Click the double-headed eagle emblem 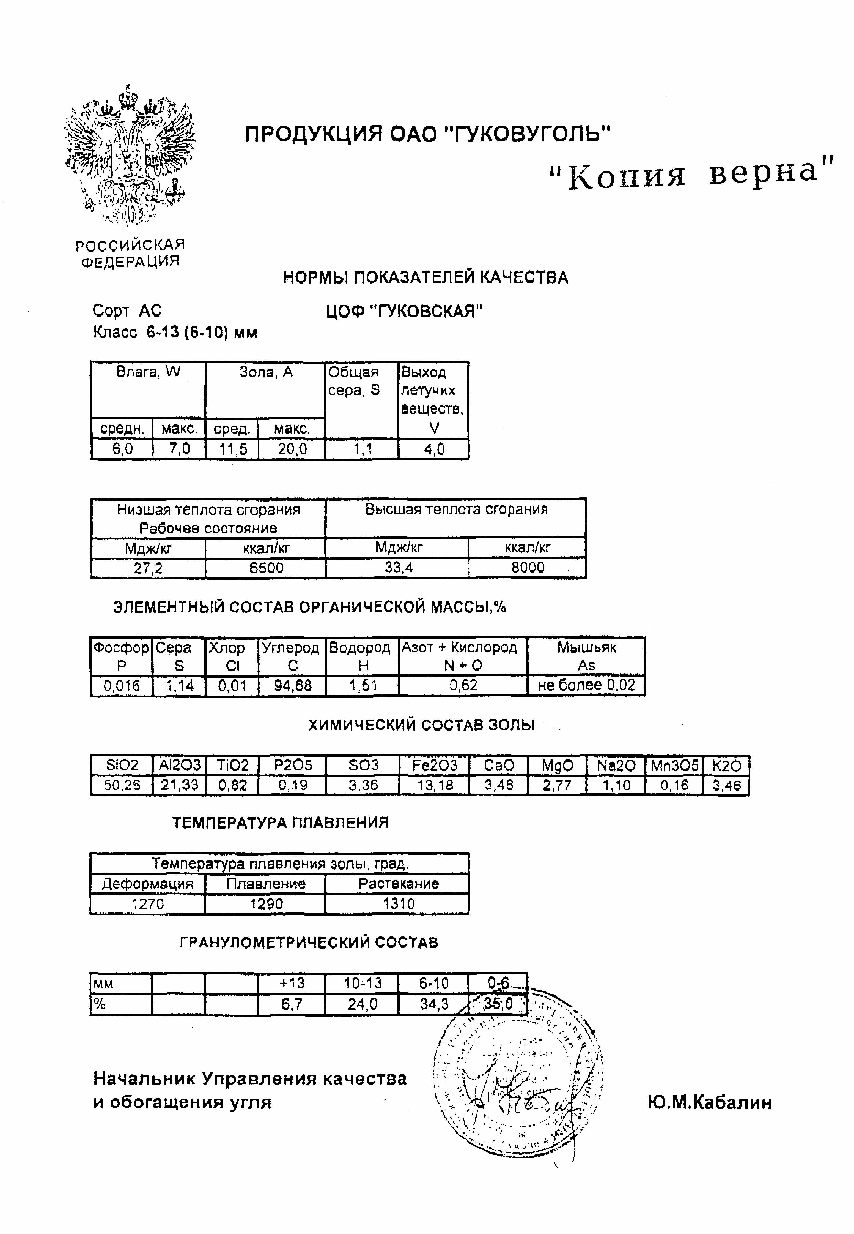pos(128,155)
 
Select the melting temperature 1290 pos(266,904)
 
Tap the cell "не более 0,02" pos(586,685)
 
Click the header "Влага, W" pos(148,372)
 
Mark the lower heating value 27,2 pos(148,568)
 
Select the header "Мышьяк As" pos(586,656)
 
